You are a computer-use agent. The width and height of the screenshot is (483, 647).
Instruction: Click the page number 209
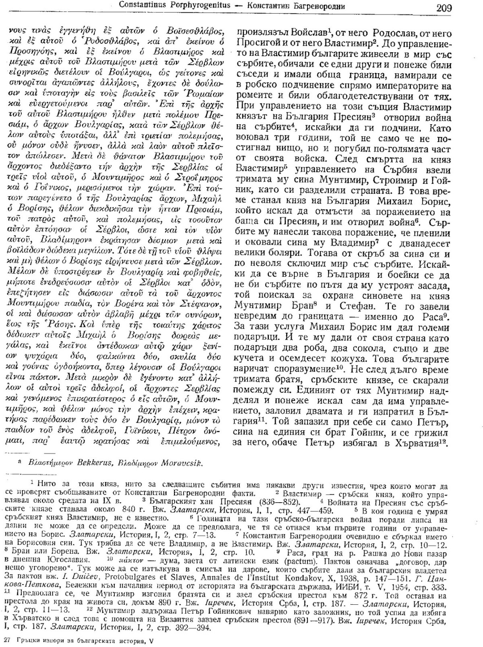pos(443,8)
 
